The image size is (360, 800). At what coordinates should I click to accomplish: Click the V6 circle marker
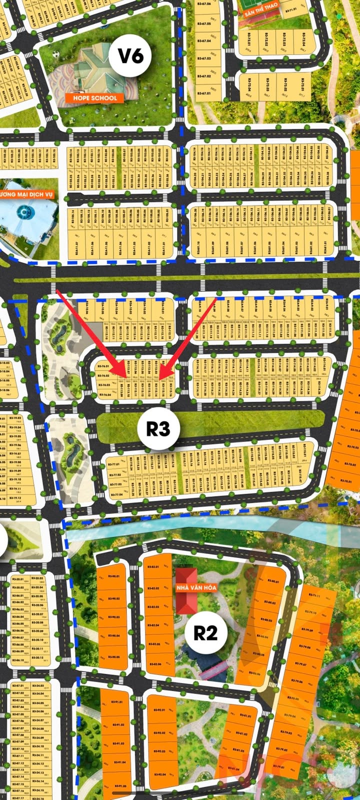point(130,55)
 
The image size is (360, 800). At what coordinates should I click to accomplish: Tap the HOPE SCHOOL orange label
point(94,98)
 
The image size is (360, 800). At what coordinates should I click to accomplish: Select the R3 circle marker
point(158,428)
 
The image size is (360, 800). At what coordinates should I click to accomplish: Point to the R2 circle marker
point(205,633)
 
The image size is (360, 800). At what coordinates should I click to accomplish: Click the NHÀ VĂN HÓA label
point(196,587)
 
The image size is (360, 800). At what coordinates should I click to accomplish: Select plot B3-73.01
point(303,87)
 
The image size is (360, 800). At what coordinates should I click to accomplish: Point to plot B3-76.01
point(104,367)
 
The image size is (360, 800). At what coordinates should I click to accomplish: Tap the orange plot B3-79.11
point(315,596)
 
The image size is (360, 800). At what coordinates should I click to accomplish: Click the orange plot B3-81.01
point(246,716)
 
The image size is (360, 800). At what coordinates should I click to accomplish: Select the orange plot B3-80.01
point(272,581)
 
